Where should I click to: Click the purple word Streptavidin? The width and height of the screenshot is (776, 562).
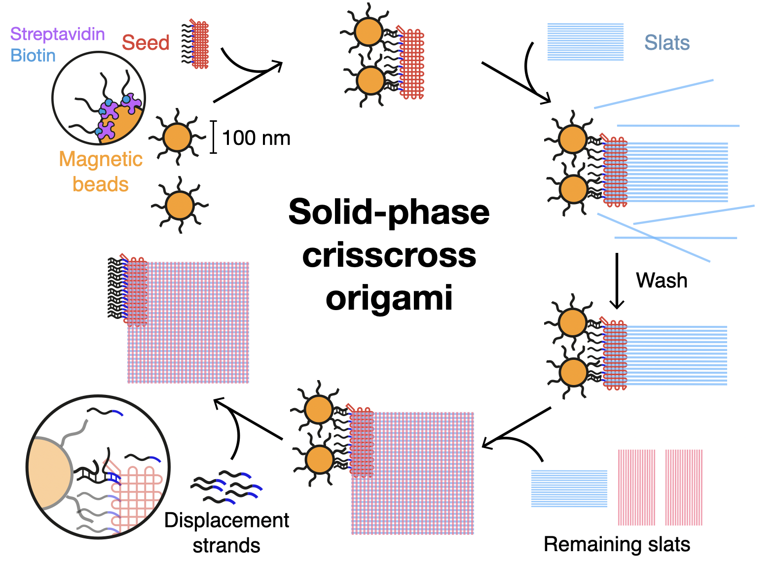57,34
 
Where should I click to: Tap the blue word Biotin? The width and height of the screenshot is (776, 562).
33,55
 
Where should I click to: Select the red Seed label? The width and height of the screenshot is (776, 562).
146,43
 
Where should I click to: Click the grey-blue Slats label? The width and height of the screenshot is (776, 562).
666,43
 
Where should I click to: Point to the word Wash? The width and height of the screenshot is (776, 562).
661,280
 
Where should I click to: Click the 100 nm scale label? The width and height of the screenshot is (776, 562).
256,138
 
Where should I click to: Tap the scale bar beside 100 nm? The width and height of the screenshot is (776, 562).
213,137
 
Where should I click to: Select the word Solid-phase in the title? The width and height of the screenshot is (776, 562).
389,212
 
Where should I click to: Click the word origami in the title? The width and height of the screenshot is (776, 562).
389,298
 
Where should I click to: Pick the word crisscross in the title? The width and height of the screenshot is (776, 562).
389,255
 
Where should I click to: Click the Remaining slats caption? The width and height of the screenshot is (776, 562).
617,544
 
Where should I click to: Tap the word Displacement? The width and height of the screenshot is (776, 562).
226,520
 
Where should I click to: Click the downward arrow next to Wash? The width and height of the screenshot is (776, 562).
617,281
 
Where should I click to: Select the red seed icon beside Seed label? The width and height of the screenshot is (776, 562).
199,44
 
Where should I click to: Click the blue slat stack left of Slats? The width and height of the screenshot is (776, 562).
585,42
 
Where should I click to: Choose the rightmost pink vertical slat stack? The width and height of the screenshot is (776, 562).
684,487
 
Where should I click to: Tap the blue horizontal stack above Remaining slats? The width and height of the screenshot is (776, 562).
569,488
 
